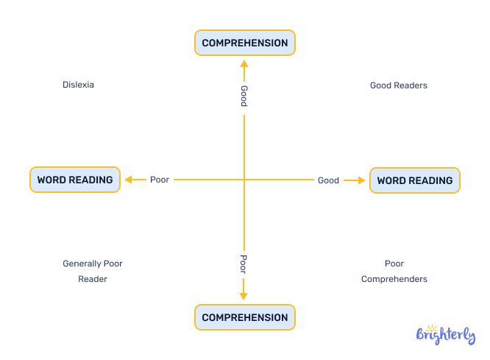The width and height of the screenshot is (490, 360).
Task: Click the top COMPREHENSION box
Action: (244, 43)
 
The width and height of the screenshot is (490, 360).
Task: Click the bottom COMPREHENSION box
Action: (244, 317)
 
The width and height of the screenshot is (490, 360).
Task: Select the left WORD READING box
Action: (74, 180)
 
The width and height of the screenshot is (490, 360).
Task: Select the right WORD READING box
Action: (414, 180)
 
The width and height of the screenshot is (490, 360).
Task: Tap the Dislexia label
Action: (78, 85)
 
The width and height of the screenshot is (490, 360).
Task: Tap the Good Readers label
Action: (398, 85)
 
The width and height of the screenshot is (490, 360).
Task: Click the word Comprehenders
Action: (394, 279)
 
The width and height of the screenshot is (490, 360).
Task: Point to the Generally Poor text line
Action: (92, 264)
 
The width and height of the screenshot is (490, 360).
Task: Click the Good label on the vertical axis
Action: (244, 96)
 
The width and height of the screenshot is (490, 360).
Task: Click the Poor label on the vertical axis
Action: (244, 264)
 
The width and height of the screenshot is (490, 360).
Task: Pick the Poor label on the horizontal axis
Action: (160, 180)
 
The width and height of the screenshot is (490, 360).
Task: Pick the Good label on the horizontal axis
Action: (328, 180)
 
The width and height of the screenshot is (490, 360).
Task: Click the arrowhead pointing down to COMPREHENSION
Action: (244, 296)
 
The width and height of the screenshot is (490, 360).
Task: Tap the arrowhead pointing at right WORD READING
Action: (361, 180)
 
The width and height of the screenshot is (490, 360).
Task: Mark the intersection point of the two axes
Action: (244, 180)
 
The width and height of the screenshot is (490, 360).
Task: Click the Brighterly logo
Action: (446, 335)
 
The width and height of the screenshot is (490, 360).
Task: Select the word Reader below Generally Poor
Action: (93, 279)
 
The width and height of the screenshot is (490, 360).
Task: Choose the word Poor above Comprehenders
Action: (394, 264)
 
